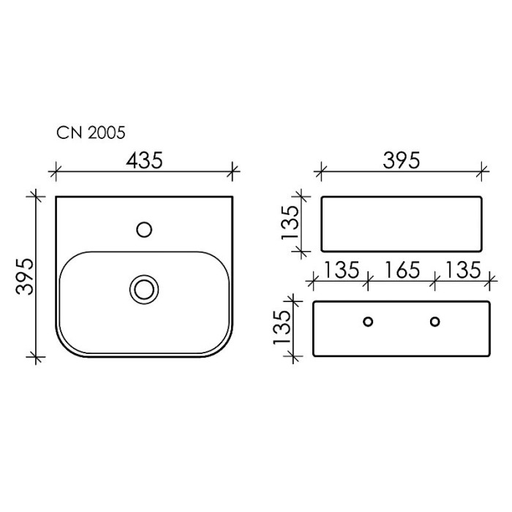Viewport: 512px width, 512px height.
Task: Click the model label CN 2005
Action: [91, 132]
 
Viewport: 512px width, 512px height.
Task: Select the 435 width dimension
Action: [144, 160]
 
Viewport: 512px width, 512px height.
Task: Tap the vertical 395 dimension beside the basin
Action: [26, 276]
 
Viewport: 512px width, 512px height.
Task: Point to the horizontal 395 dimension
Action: [402, 160]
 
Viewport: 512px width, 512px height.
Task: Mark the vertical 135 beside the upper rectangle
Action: [290, 223]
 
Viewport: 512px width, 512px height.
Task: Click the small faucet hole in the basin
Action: [144, 230]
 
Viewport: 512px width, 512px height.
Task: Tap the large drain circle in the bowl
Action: [144, 287]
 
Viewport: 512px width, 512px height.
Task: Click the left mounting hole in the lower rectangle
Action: [368, 321]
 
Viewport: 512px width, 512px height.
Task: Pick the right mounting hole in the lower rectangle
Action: [435, 321]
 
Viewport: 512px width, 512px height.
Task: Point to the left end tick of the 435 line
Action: [53, 173]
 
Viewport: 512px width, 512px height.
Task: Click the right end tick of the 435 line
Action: [233, 173]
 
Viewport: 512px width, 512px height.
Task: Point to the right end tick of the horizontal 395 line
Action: [481, 173]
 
